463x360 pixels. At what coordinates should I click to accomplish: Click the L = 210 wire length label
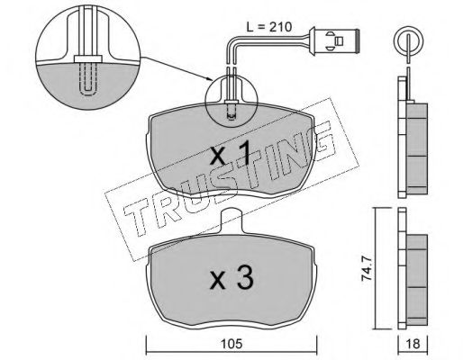pos(268,27)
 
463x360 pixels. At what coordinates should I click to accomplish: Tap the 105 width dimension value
pos(231,344)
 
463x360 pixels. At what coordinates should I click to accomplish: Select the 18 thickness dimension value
pos(413,344)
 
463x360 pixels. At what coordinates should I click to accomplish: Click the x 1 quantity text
pos(230,154)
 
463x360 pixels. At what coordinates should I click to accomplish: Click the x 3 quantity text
pos(231,277)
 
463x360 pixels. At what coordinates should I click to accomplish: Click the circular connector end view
pos(408,42)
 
